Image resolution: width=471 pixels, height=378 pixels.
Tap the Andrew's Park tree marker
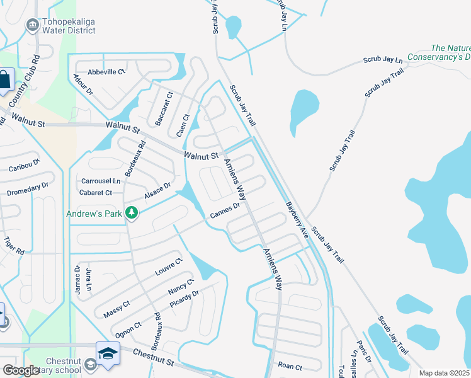tap(132, 214)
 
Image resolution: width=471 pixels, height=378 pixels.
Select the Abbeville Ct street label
tap(107, 72)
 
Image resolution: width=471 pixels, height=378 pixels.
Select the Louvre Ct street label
tap(168, 267)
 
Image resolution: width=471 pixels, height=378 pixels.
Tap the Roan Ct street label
tap(290, 367)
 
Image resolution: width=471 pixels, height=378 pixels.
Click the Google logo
tap(21, 370)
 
